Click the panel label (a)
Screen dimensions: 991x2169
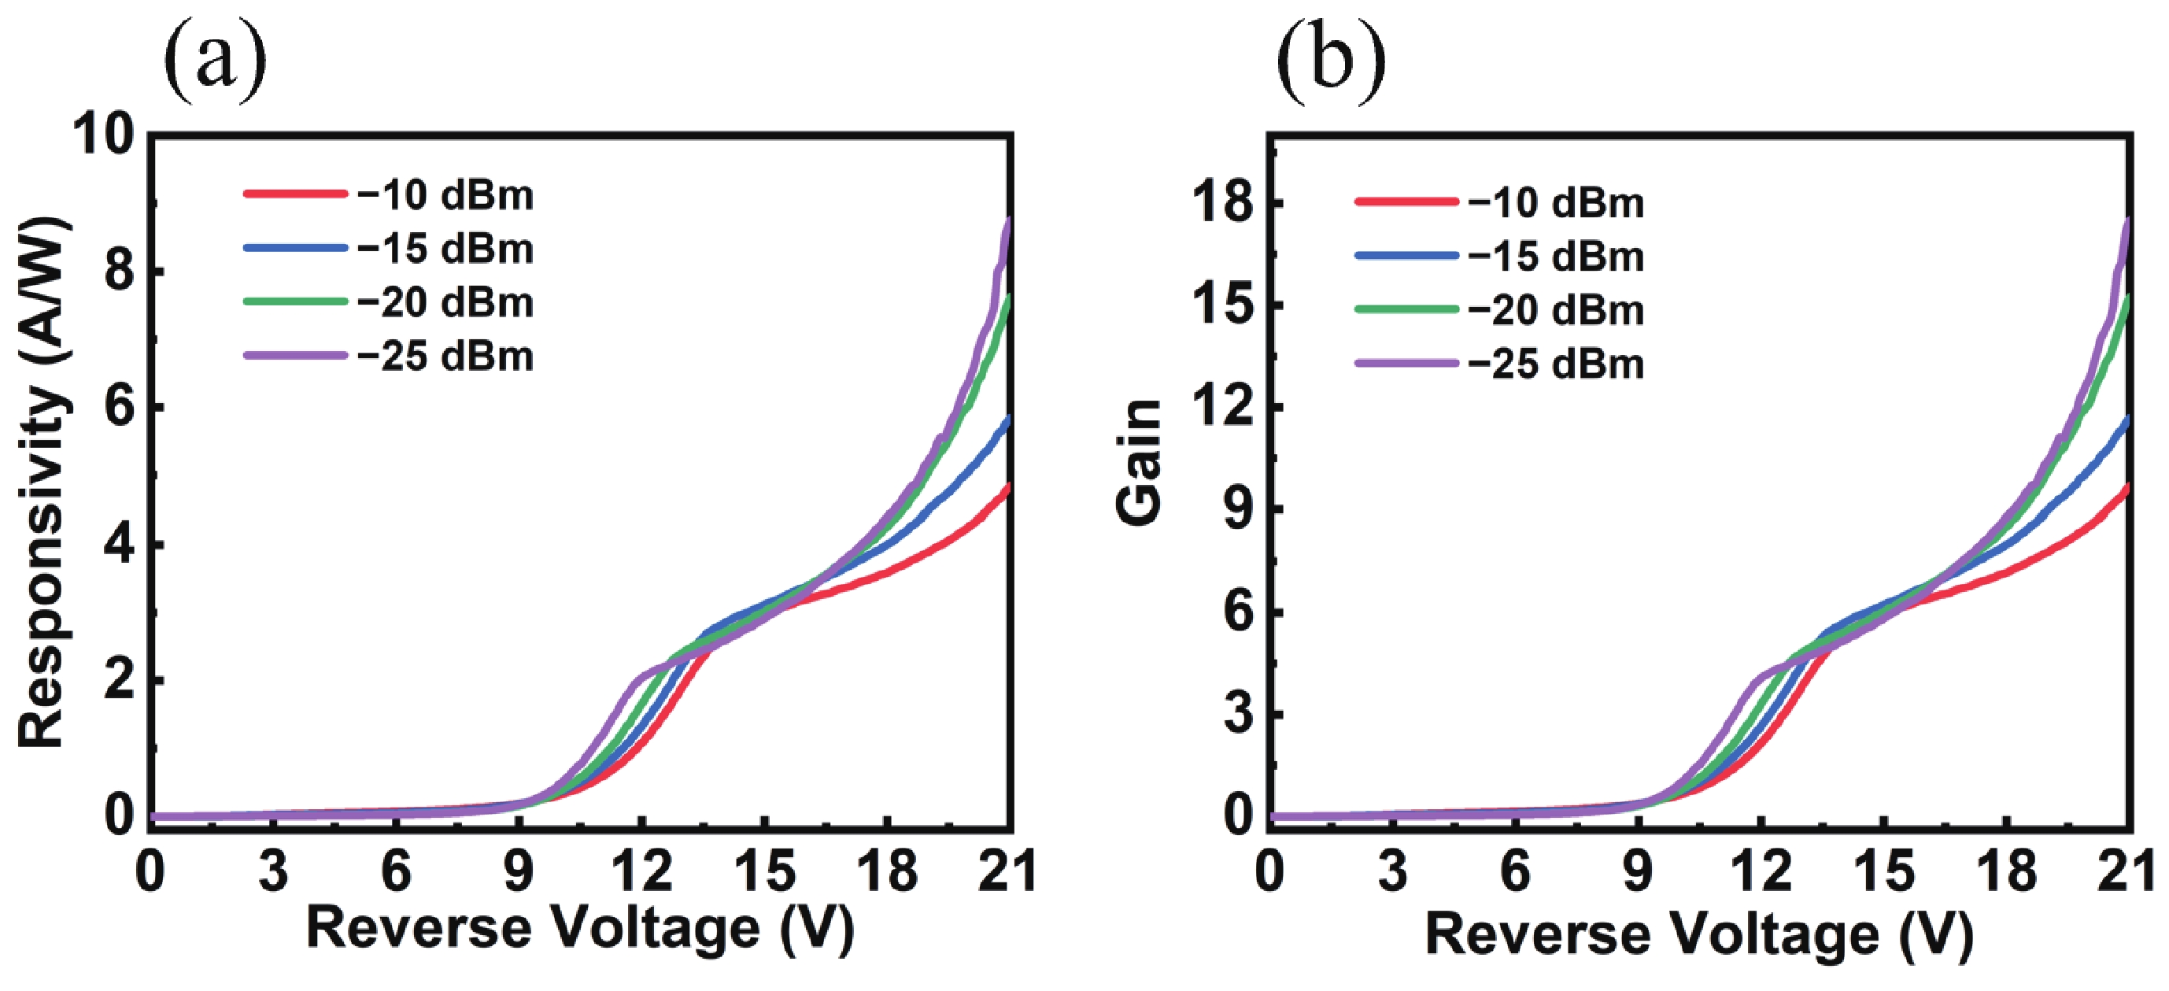tap(215, 61)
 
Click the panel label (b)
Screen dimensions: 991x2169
tap(1330, 61)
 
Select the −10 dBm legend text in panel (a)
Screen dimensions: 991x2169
tap(445, 195)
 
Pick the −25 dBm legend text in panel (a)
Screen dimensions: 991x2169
tap(445, 356)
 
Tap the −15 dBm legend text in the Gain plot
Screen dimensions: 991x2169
tap(1556, 256)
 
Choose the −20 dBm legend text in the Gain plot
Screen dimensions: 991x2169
tap(1556, 311)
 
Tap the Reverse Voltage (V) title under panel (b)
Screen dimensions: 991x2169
tap(1699, 934)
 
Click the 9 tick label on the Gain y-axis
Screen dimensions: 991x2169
tap(1238, 510)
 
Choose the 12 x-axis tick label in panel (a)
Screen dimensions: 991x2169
tap(641, 871)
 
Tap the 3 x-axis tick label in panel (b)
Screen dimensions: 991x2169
tap(1393, 871)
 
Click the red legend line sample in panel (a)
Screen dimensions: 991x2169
tap(294, 194)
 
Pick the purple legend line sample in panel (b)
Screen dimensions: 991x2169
tap(1406, 364)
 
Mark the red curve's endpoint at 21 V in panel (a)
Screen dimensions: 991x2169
tap(1007, 486)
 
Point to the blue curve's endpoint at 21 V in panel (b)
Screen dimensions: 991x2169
tap(2127, 419)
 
